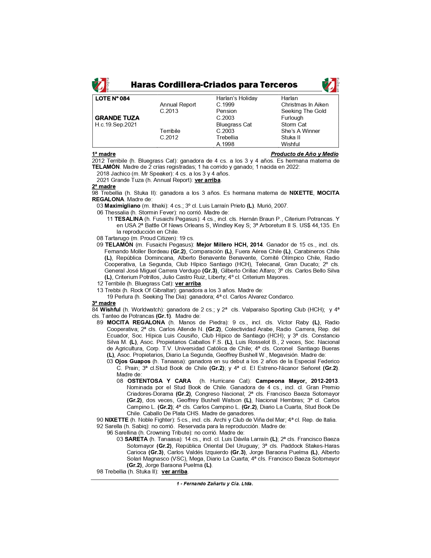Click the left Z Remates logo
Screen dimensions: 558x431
coord(100,85)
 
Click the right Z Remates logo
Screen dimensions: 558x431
coord(330,85)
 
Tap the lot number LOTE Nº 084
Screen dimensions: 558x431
coord(112,98)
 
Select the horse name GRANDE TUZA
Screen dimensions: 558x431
coord(117,118)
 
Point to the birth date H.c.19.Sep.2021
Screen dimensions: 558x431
coord(116,124)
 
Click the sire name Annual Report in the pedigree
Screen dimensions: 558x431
coord(178,105)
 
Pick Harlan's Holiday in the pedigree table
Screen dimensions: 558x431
coord(237,98)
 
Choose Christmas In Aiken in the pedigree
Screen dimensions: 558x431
coord(305,105)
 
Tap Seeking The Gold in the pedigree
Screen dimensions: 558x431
coord(304,111)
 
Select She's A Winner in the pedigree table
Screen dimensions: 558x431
coord(301,131)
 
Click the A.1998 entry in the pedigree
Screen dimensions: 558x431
coord(225,144)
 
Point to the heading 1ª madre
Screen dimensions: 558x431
coord(104,154)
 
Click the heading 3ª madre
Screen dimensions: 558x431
coord(104,303)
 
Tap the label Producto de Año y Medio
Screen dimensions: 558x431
coord(304,154)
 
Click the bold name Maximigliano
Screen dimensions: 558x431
coord(122,206)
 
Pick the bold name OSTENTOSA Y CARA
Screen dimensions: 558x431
coord(159,381)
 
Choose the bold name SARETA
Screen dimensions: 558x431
coord(136,439)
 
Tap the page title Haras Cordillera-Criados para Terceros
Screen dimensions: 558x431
coord(214,85)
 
